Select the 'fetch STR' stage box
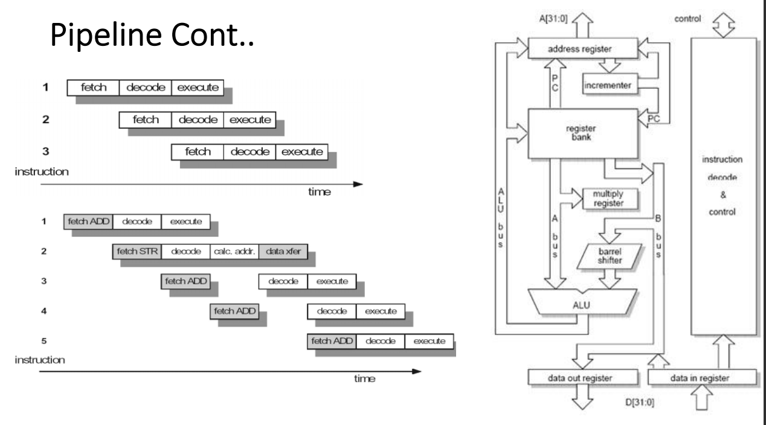tap(137, 252)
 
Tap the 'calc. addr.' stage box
tap(234, 252)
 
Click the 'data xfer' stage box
tap(283, 252)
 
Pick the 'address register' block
tap(583, 48)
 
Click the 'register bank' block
tap(583, 133)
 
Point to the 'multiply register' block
tap(610, 199)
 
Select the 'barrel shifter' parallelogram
tap(609, 256)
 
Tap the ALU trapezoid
tap(582, 302)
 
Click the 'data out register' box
tap(583, 377)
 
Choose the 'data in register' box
tap(702, 377)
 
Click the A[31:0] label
tap(553, 19)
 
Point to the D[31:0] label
tap(640, 403)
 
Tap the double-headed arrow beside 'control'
tap(724, 25)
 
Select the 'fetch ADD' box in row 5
tap(332, 341)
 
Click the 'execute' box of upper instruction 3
tap(302, 152)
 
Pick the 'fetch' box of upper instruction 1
tap(94, 88)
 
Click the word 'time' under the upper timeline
tap(320, 192)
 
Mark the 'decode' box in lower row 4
tap(332, 312)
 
